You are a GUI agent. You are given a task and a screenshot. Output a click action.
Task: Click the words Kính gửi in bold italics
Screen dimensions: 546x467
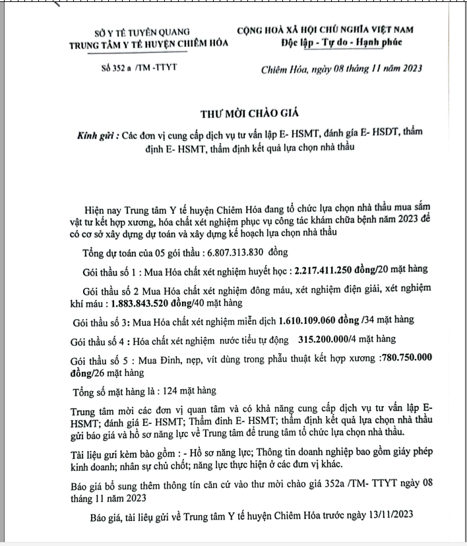point(97,135)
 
